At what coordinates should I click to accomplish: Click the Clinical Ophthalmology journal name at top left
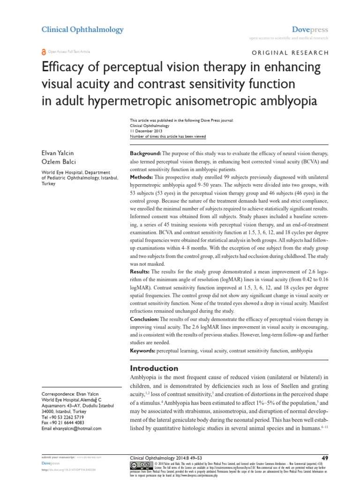pos(82,30)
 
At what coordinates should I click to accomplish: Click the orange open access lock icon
pos(44,52)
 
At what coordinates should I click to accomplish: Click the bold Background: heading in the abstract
pos(145,154)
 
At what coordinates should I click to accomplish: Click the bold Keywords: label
pos(143,351)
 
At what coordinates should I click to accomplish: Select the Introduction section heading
pos(154,368)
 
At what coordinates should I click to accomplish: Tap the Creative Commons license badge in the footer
pos(140,465)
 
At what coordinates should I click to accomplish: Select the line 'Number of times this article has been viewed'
pos(167,137)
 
